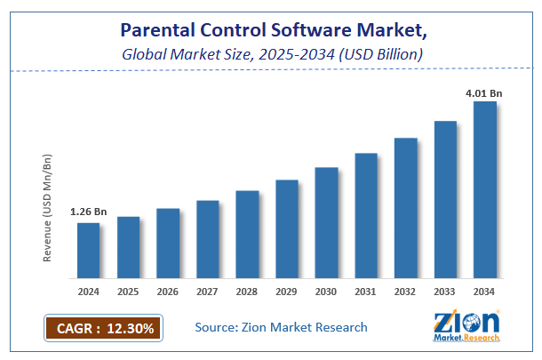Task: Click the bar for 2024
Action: point(88,249)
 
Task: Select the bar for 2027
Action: point(207,237)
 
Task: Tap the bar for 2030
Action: point(326,221)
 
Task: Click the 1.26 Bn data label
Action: point(88,212)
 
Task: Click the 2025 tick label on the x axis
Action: point(128,291)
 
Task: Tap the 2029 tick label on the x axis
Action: point(286,291)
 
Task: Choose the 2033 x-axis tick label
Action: point(445,291)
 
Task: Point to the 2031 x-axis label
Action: point(366,291)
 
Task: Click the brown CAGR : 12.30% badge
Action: point(102,329)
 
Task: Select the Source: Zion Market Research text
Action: point(281,328)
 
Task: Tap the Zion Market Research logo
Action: point(466,328)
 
